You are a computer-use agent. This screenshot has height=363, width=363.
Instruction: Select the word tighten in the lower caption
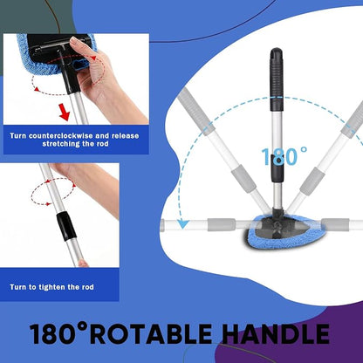[x=47, y=287]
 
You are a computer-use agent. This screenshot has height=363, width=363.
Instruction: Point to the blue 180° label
[x=284, y=156]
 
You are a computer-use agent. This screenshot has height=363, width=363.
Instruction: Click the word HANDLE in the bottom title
[x=276, y=333]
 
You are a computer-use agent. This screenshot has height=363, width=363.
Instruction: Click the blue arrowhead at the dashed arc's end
[x=183, y=224]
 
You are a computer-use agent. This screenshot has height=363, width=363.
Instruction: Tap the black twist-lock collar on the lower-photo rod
[x=66, y=227]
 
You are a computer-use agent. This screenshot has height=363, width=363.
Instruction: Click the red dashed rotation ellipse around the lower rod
[x=52, y=191]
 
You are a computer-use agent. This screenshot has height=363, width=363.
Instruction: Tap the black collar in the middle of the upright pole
[x=277, y=168]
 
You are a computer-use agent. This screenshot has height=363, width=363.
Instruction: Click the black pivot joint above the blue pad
[x=277, y=215]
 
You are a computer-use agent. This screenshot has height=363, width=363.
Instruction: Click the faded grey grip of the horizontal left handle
[x=222, y=225]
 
